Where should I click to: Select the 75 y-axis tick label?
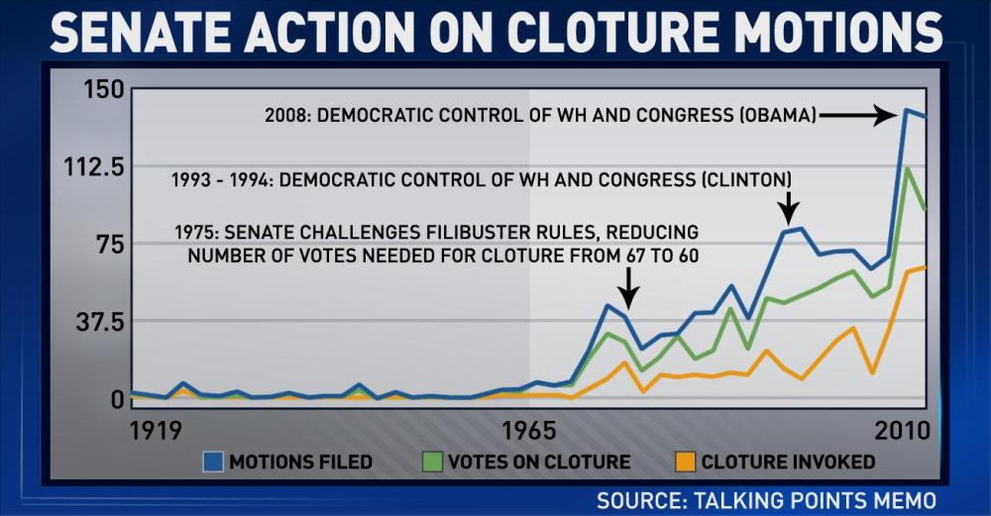[x=105, y=244]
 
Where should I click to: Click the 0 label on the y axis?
[x=118, y=399]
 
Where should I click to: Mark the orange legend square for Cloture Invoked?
[x=685, y=462]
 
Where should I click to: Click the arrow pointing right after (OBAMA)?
[x=859, y=116]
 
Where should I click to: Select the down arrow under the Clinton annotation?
[x=788, y=207]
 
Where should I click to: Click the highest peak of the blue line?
[x=906, y=110]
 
